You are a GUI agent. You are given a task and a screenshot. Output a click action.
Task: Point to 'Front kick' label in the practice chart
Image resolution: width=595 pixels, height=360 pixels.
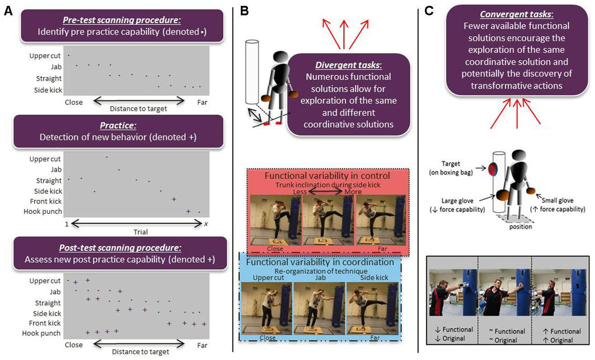[46, 201]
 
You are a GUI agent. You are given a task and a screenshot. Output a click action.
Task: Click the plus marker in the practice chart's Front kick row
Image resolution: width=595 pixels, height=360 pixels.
[174, 199]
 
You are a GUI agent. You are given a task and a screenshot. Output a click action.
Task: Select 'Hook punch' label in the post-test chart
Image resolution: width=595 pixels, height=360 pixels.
[41, 333]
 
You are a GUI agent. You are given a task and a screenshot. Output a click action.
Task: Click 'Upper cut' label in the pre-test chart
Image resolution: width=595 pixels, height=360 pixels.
[45, 56]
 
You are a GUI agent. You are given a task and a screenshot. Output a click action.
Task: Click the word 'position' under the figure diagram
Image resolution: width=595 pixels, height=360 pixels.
[520, 226]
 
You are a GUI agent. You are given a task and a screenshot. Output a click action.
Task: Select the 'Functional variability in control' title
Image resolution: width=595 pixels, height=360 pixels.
[327, 176]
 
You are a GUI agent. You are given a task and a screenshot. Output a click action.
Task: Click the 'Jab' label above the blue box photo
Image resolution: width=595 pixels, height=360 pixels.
[319, 277]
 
